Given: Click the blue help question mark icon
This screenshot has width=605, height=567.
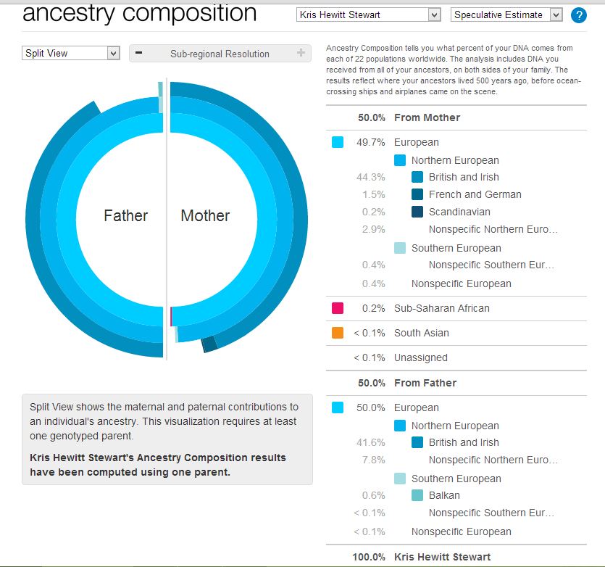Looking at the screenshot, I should coord(578,15).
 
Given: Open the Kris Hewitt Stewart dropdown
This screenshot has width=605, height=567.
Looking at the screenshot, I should coord(368,15).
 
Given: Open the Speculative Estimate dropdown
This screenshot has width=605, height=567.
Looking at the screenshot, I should coord(506,15).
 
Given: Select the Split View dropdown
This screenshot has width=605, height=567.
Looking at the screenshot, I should coord(70,53).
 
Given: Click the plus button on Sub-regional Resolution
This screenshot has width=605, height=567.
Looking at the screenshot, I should coord(301,53).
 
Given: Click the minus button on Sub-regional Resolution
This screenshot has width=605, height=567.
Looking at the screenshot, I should coord(138,53).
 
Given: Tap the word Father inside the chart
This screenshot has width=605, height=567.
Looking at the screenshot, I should coord(125,215).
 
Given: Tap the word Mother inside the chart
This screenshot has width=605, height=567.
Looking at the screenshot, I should coord(205,215).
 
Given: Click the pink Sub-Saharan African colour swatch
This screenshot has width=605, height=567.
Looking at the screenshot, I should coord(338,308).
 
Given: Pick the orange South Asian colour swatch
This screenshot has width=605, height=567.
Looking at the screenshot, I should coord(338,333).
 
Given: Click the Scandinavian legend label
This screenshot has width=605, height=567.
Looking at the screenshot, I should coord(459,212).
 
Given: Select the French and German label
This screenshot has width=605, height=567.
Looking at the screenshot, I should coord(475,194).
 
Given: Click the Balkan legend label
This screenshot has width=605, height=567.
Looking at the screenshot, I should coord(444,495).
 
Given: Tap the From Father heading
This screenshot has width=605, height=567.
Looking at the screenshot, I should coord(425,383).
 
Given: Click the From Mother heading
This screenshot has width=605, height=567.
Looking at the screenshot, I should coord(427,117).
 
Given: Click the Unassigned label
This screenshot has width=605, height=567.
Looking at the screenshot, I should coord(420,357).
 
